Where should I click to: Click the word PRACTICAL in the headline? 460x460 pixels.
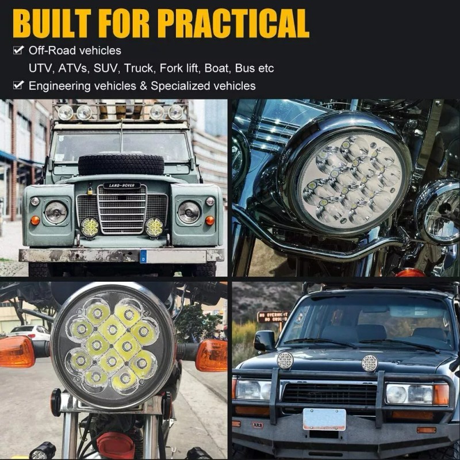233,23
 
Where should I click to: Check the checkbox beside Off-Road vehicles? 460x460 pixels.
18,50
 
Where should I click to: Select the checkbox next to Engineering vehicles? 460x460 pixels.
18,86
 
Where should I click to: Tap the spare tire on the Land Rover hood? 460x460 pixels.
121,164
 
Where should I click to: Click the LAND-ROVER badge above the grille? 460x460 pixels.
121,186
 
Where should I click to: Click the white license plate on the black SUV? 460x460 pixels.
324,419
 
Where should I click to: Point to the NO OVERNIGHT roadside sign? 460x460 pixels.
273,316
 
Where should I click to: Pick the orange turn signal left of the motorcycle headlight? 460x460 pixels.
17,351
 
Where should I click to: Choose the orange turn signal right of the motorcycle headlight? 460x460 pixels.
211,355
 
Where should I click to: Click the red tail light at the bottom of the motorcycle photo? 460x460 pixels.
115,446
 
